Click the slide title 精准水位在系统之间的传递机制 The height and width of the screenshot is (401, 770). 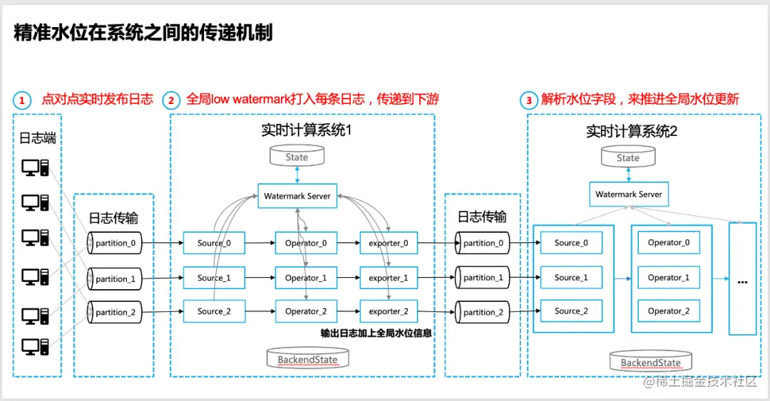[x=143, y=33]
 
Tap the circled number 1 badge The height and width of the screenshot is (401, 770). [x=22, y=100]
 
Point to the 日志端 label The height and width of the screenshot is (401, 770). [x=38, y=137]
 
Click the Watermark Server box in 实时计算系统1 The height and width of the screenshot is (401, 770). [x=297, y=196]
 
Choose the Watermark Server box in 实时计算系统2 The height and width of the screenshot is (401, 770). [x=628, y=194]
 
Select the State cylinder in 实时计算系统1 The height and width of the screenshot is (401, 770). [x=297, y=157]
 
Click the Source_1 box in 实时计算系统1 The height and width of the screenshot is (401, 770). [x=214, y=278]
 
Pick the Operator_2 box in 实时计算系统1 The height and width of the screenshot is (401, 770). [x=306, y=311]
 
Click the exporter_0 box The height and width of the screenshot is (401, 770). [x=389, y=244]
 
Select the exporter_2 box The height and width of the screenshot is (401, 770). [x=389, y=311]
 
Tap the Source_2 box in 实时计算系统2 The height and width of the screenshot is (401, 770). [x=571, y=311]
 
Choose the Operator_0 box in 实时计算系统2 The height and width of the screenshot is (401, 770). [x=669, y=243]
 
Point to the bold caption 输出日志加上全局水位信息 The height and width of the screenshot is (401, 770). [x=376, y=333]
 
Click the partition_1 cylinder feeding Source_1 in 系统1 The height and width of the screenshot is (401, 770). [x=114, y=278]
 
